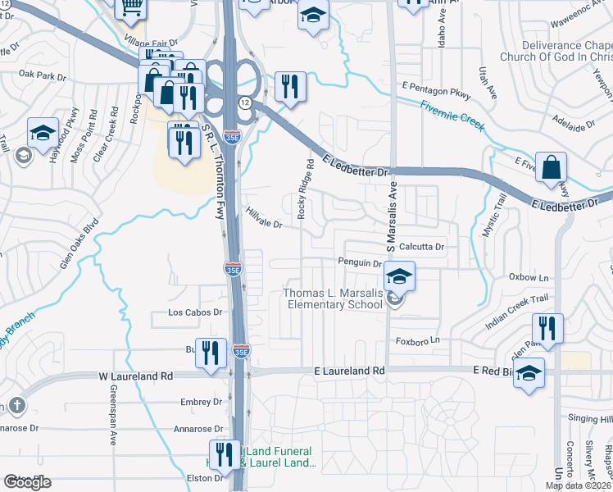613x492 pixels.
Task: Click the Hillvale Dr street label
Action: [264, 217]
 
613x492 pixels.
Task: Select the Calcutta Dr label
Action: [421, 247]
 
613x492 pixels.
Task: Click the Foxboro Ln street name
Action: [419, 339]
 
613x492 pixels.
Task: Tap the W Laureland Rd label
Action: [136, 376]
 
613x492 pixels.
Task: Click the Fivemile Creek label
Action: [452, 116]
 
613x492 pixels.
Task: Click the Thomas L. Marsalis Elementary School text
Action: [333, 299]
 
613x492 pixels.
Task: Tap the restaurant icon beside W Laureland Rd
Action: [211, 353]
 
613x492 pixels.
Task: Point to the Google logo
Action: [28, 482]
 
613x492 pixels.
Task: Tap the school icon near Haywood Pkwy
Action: [43, 132]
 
